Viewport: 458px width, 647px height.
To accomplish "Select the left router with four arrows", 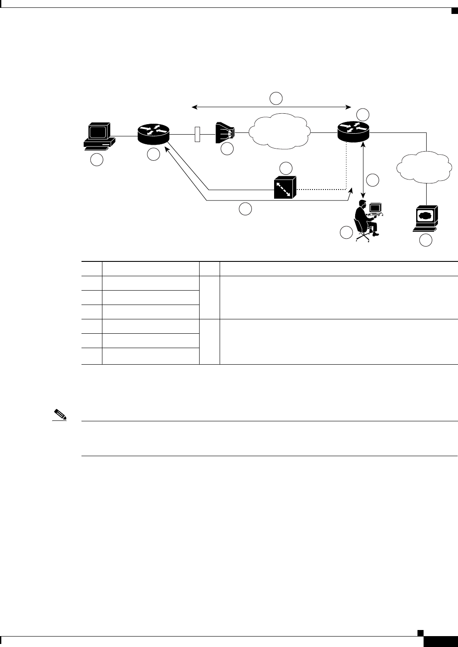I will [x=153, y=133].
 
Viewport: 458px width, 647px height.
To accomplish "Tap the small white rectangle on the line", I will [x=197, y=134].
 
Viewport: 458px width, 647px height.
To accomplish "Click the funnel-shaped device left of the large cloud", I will [x=225, y=132].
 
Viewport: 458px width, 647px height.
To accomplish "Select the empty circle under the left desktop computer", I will [x=97, y=160].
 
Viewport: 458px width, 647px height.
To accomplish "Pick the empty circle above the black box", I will [x=285, y=168].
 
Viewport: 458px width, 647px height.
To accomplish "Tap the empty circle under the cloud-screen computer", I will [x=426, y=240].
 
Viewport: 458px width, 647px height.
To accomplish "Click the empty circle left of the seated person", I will [x=346, y=233].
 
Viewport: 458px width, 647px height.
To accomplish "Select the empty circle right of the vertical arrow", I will [x=373, y=180].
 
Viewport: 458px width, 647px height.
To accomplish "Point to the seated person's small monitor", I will [x=375, y=208].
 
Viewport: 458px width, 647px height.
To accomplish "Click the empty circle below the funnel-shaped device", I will [x=227, y=149].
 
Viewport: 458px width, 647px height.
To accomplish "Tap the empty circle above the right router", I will [x=363, y=115].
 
